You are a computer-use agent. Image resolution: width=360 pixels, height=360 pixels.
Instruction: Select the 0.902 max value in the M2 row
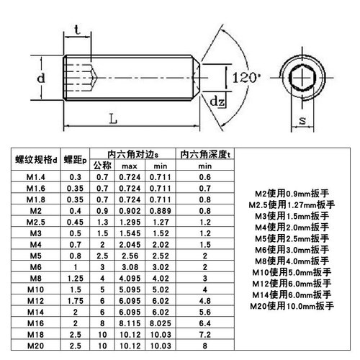pyautogui.click(x=130, y=211)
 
